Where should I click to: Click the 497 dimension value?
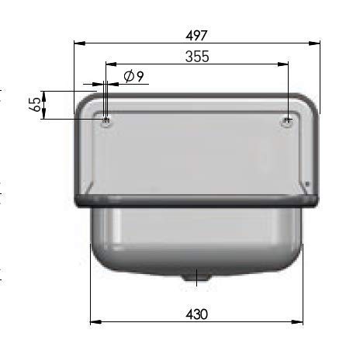pyautogui.click(x=196, y=36)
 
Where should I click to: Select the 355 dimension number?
pyautogui.click(x=197, y=57)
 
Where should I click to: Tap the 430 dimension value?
pyautogui.click(x=196, y=314)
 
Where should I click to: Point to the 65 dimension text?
pyautogui.click(x=35, y=105)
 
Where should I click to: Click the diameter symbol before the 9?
pyautogui.click(x=129, y=76)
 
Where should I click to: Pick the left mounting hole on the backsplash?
pyautogui.click(x=106, y=122)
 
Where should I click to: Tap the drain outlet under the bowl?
pyautogui.click(x=196, y=277)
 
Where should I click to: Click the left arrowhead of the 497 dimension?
pyautogui.click(x=80, y=43)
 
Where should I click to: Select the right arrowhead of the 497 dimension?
pyautogui.click(x=314, y=43)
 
